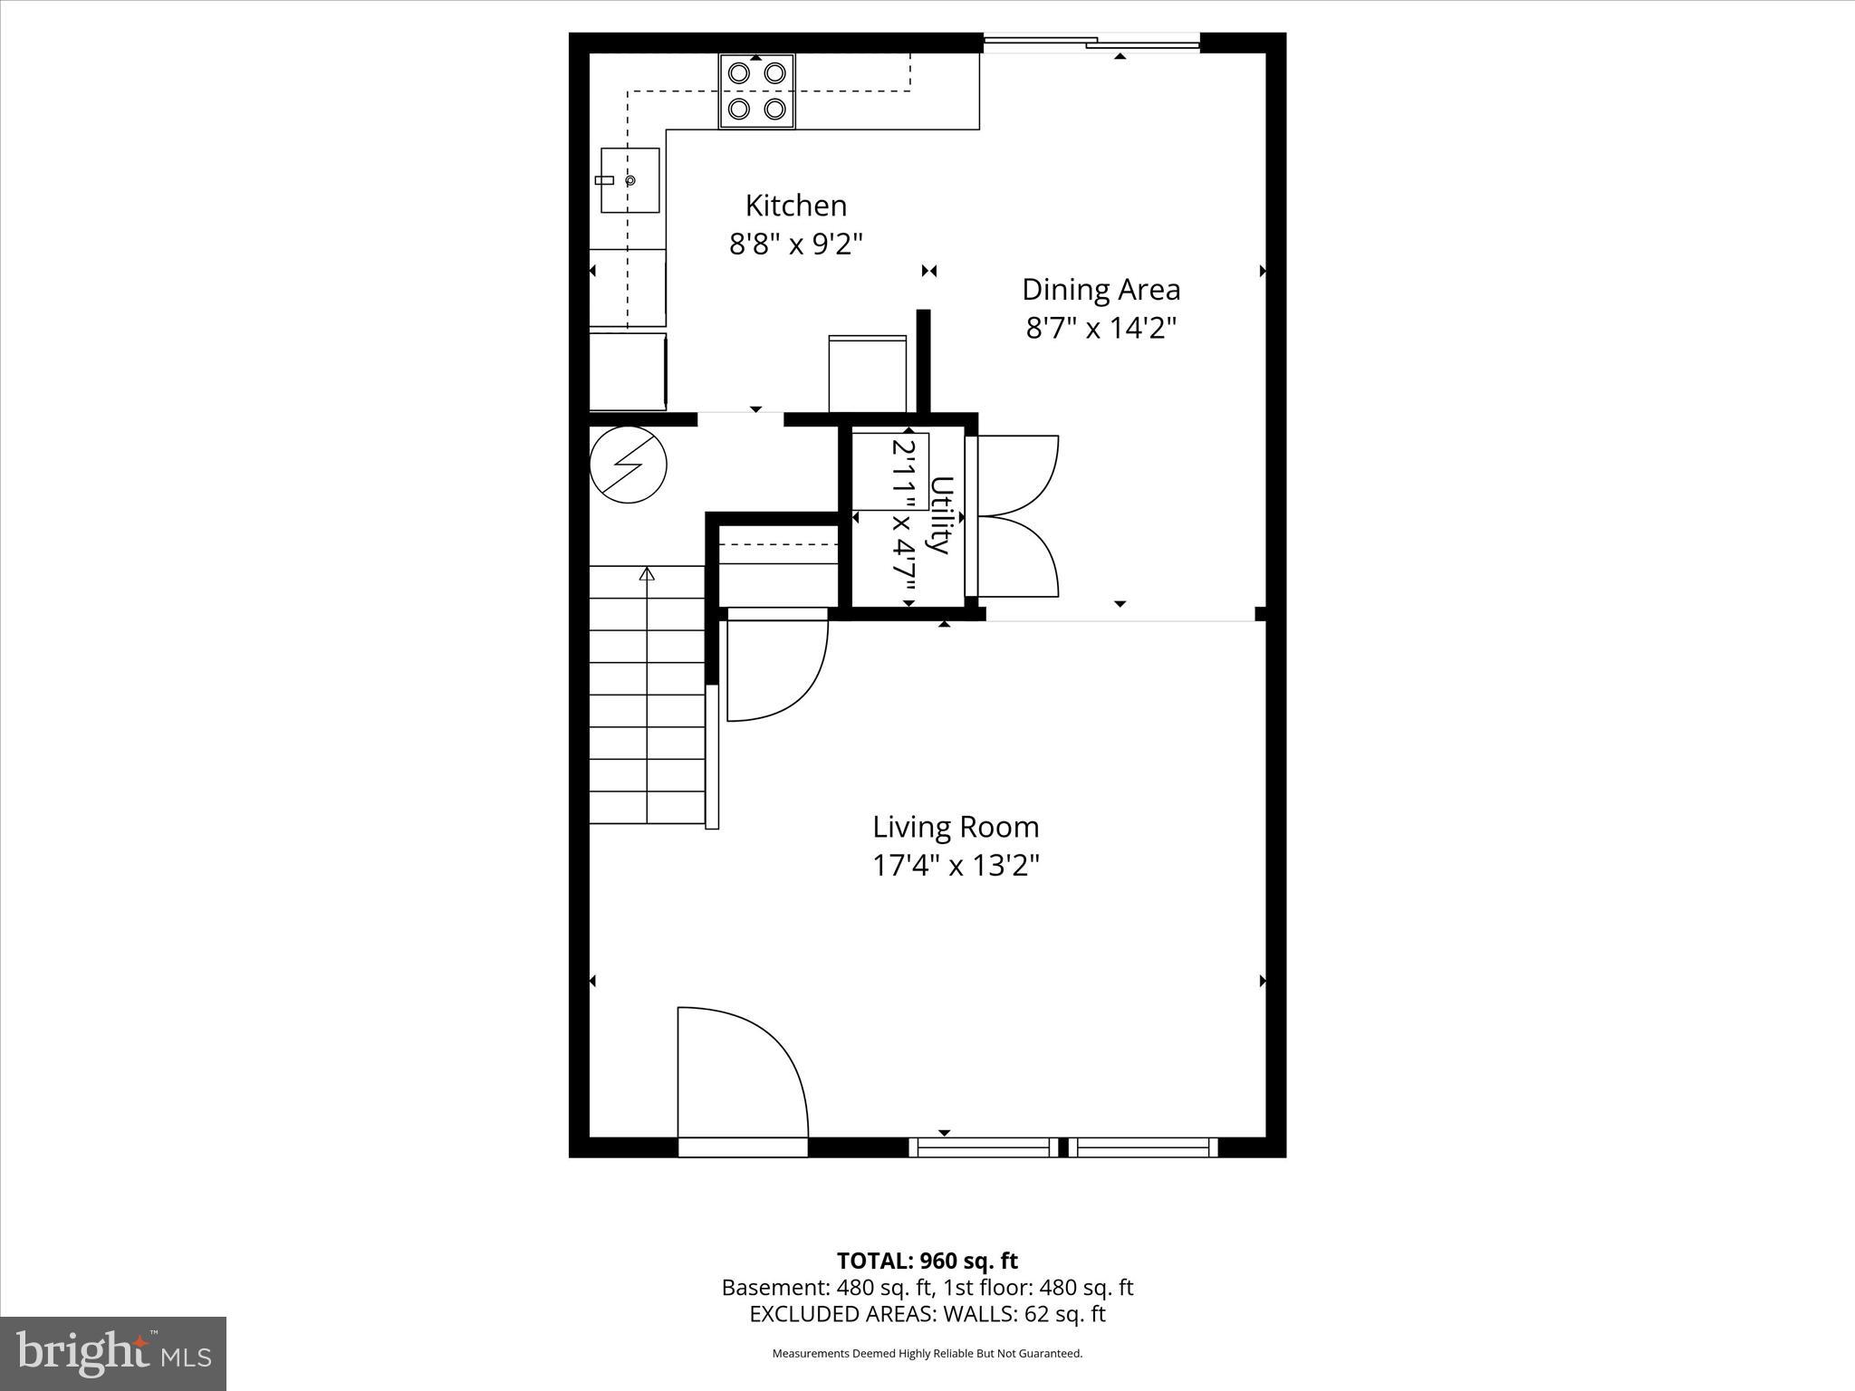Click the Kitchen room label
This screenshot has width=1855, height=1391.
click(x=795, y=206)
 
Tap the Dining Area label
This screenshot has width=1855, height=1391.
click(x=1101, y=290)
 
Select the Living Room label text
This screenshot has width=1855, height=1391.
click(x=956, y=827)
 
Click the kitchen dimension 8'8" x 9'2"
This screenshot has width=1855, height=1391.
click(x=795, y=244)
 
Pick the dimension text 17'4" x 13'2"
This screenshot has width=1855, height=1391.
click(x=956, y=866)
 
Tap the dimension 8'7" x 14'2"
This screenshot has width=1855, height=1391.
click(x=1101, y=328)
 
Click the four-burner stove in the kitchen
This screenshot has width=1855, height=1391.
click(x=756, y=91)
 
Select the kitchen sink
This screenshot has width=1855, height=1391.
click(x=630, y=180)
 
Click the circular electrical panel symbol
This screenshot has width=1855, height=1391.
click(x=628, y=465)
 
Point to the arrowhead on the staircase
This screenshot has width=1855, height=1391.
click(x=647, y=573)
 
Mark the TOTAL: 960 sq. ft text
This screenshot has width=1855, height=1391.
click(x=927, y=1261)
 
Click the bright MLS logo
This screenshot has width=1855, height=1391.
click(x=113, y=1354)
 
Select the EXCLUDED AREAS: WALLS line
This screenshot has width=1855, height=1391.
click(x=927, y=1314)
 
